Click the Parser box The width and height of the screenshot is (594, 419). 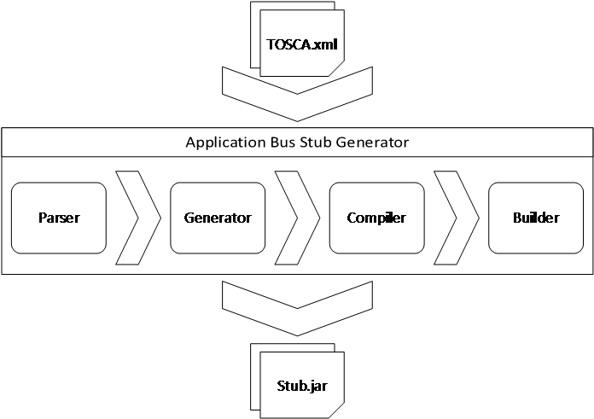(x=59, y=218)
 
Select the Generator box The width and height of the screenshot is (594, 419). (x=218, y=218)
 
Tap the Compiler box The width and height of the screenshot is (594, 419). (x=376, y=218)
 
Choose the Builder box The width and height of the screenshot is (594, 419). (x=536, y=218)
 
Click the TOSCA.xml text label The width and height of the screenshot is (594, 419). (x=301, y=44)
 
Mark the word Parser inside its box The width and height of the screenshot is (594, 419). (x=59, y=218)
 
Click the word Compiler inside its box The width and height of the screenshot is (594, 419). (x=376, y=218)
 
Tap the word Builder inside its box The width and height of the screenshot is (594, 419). (x=536, y=218)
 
